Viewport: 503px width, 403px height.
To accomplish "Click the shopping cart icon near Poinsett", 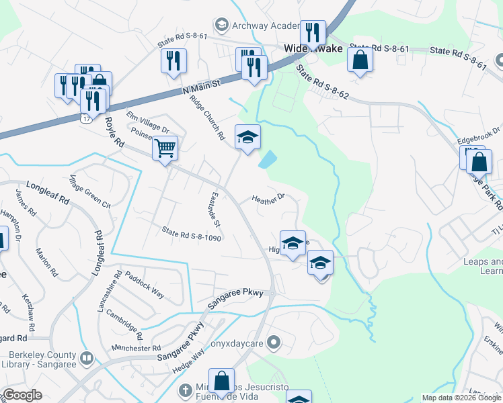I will (165, 147).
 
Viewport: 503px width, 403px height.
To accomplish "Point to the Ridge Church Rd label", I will (206, 116).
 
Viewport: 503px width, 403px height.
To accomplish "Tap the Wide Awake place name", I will (313, 48).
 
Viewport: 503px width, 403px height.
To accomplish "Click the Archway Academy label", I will (266, 26).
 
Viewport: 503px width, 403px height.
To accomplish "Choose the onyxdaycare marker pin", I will (272, 344).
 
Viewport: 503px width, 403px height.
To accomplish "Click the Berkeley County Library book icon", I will (86, 359).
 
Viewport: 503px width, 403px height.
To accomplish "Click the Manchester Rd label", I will (137, 349).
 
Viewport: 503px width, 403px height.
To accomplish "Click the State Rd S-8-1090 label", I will (191, 233).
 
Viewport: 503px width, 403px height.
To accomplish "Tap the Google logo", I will (23, 395).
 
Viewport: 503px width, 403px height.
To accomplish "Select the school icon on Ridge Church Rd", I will (247, 138).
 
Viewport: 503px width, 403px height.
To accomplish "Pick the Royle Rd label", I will (115, 133).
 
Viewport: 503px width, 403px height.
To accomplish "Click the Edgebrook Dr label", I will (479, 136).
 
